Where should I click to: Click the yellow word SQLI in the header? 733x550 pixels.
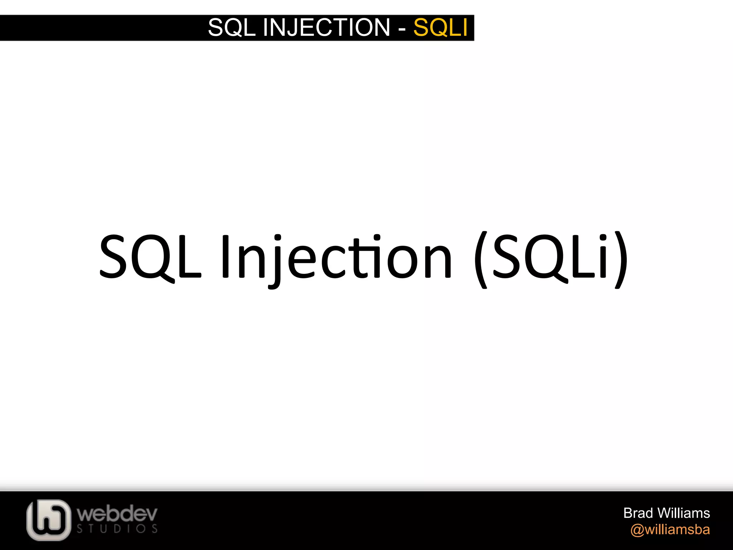440,28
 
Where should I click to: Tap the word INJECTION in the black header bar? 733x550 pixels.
326,28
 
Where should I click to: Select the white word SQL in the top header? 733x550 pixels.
232,28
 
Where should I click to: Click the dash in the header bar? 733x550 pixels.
402,29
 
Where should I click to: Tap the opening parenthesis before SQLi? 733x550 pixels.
481,259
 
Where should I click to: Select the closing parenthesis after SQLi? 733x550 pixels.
621,259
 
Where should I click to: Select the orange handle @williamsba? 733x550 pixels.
670,530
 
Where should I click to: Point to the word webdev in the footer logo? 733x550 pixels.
117,514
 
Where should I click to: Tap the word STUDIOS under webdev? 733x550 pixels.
117,529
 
